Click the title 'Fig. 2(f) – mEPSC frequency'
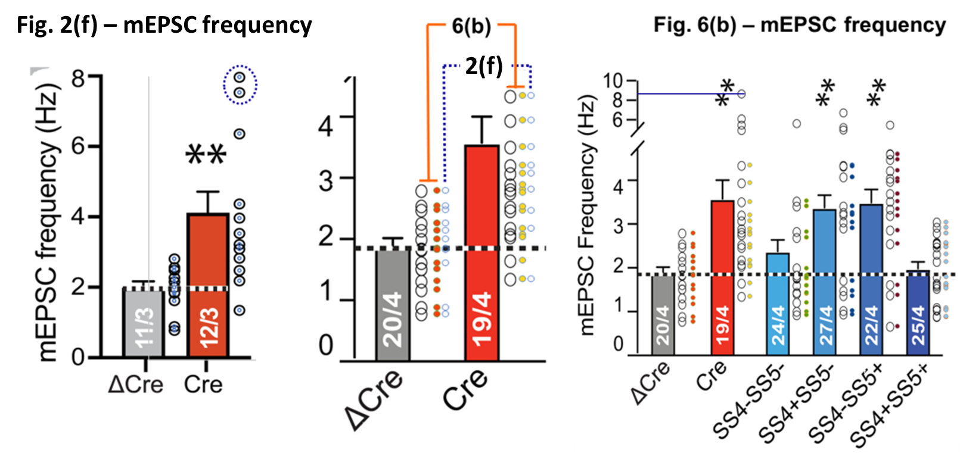pos(164,25)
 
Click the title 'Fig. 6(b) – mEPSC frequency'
pos(799,25)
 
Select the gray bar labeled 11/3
pos(143,322)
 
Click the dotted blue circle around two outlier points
pos(240,85)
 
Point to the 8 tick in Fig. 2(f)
pos(79,77)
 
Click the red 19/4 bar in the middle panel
pos(481,253)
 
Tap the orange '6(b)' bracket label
pos(471,26)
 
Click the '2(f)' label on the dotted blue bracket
pos(483,65)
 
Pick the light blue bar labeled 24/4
pos(778,304)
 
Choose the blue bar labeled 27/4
pos(825,282)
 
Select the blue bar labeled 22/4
pos(871,280)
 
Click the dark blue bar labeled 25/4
pos(918,313)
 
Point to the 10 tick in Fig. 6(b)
pos(614,80)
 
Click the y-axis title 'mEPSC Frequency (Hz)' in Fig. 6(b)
pos(588,214)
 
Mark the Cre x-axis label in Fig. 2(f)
pos(203,384)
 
